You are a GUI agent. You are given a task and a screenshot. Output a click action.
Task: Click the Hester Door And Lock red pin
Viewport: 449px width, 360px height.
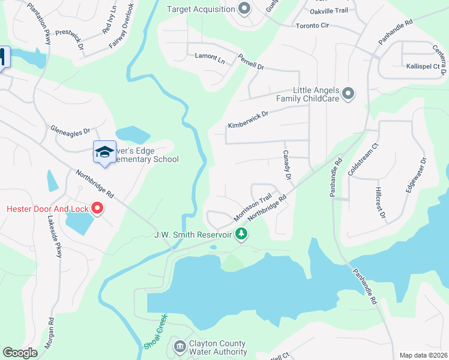97,209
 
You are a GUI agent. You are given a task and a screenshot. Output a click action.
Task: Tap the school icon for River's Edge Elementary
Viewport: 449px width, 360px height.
104,152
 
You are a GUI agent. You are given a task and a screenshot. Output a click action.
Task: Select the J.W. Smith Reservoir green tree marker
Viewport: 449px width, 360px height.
241,233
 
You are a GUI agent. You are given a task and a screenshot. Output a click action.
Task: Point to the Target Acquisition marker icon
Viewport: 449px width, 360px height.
244,8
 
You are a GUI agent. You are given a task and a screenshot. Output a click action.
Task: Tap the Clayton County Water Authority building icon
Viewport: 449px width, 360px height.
179,346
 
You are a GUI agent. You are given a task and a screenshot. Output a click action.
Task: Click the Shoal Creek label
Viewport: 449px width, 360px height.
155,331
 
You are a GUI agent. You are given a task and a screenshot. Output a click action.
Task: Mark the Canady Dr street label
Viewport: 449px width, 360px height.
286,166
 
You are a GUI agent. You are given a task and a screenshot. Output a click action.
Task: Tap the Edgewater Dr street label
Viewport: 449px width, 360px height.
416,174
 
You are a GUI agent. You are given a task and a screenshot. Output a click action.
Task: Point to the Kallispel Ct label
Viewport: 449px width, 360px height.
423,66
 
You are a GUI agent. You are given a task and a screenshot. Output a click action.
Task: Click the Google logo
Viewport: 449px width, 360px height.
20,353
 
